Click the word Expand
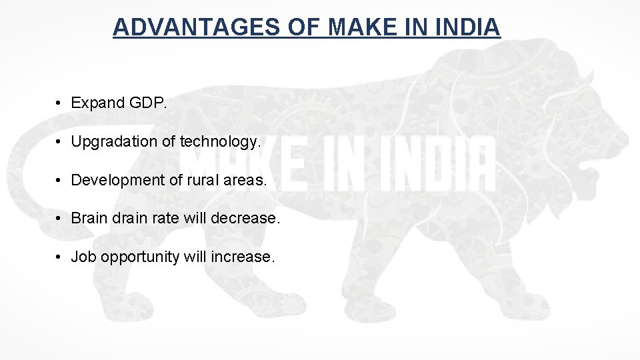click(98, 103)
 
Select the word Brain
click(89, 218)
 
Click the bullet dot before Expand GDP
click(59, 103)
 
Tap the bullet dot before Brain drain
click(59, 218)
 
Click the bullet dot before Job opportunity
click(59, 257)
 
